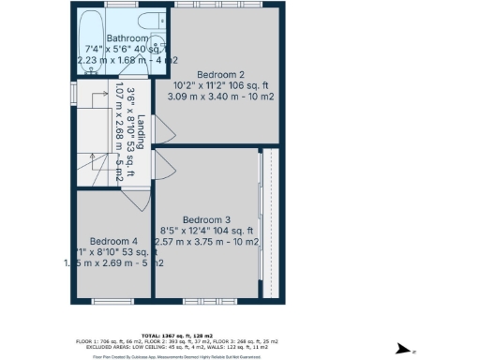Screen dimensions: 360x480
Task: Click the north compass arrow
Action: point(401,348)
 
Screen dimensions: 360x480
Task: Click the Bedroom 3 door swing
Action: point(164,165)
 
